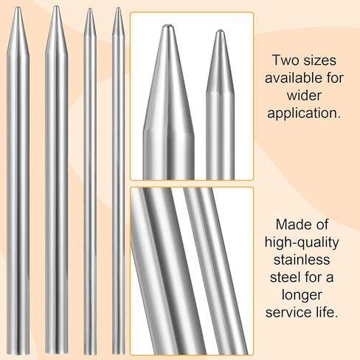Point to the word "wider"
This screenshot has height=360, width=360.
[304, 95]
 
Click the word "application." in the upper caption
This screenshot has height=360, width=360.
[304, 114]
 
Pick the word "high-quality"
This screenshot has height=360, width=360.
[302, 243]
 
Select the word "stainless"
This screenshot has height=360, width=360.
[302, 260]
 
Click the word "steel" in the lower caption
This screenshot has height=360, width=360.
[285, 277]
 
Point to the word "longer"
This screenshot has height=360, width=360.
[302, 295]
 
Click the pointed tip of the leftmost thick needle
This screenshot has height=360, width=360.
[18, 7]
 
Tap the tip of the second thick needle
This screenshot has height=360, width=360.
[56, 6]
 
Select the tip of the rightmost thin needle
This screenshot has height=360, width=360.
[118, 7]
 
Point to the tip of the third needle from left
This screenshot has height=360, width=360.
[90, 9]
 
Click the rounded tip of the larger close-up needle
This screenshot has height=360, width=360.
[168, 24]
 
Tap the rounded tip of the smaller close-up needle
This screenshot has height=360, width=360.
[220, 30]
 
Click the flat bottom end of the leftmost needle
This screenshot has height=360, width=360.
[18, 354]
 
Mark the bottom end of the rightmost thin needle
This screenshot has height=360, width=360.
[119, 353]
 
